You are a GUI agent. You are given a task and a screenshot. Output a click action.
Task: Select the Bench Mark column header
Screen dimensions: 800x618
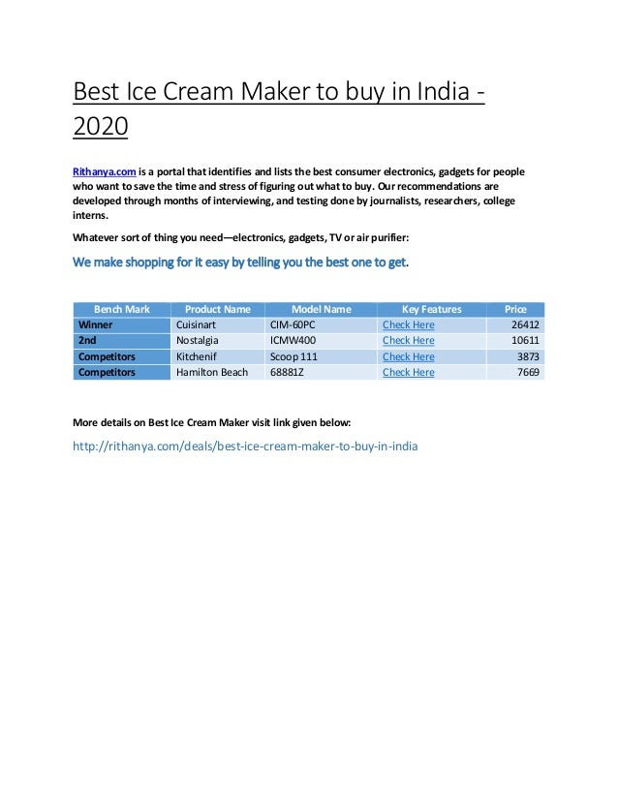pyautogui.click(x=121, y=309)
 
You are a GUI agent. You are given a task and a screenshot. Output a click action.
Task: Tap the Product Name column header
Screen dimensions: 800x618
pyautogui.click(x=217, y=309)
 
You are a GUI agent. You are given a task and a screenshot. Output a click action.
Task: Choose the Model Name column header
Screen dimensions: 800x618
pyautogui.click(x=321, y=309)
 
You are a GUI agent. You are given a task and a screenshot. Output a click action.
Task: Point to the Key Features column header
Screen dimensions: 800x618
pyautogui.click(x=431, y=309)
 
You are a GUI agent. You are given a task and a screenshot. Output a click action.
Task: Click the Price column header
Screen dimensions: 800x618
pyautogui.click(x=515, y=309)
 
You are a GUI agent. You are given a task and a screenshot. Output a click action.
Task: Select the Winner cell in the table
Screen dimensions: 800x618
pyautogui.click(x=95, y=324)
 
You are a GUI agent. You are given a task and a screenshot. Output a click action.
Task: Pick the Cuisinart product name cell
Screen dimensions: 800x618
pyautogui.click(x=200, y=324)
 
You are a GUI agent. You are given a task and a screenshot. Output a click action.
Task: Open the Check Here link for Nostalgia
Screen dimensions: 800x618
pyautogui.click(x=408, y=341)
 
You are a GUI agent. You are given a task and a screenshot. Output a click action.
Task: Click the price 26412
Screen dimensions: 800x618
pyautogui.click(x=524, y=324)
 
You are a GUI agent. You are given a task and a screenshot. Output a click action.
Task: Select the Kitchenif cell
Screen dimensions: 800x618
pyautogui.click(x=197, y=356)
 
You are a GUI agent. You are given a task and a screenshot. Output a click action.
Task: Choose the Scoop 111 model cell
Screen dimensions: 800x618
pyautogui.click(x=294, y=356)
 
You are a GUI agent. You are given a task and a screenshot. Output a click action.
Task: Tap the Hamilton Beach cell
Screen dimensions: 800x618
pyautogui.click(x=211, y=372)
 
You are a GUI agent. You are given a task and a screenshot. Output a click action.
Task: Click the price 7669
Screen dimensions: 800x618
pyautogui.click(x=528, y=372)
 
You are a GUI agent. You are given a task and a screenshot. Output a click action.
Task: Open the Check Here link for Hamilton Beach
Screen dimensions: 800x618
pyautogui.click(x=408, y=372)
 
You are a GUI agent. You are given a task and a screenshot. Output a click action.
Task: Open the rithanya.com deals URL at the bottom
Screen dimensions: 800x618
pyautogui.click(x=245, y=447)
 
